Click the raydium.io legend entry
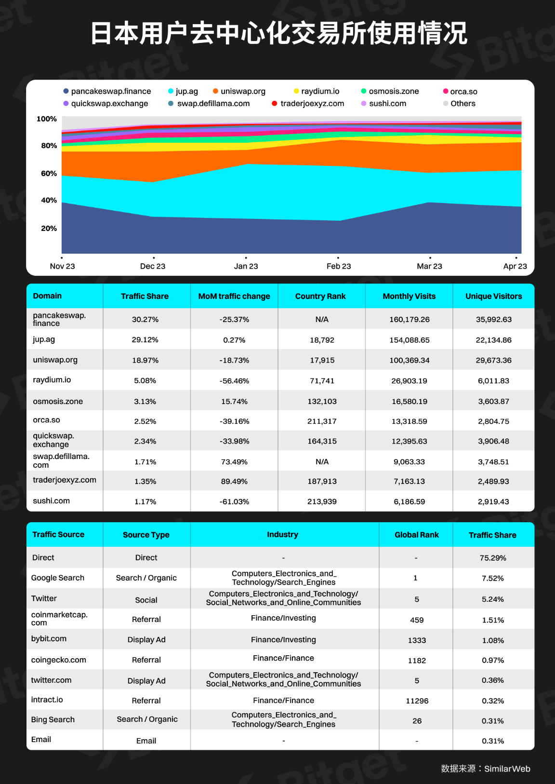coord(317,91)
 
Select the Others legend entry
coord(459,104)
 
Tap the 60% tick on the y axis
coord(49,174)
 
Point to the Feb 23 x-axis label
coord(339,266)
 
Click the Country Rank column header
coord(320,297)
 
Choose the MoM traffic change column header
coord(234,297)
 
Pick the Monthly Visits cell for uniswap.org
coord(409,361)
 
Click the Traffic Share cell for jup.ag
coord(145,340)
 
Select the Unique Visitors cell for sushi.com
coord(493,501)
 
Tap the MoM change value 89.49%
coord(234,482)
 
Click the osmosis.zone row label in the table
coord(58,402)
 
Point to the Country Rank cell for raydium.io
coord(322,381)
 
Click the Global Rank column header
coord(417,535)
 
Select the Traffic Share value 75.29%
coord(493,558)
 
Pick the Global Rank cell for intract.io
coord(417,701)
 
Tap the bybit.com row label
coord(49,639)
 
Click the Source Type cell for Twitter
coord(146,600)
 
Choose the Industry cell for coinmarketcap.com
coord(283,618)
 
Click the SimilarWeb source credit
coord(486,769)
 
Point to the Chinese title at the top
coord(279,33)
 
